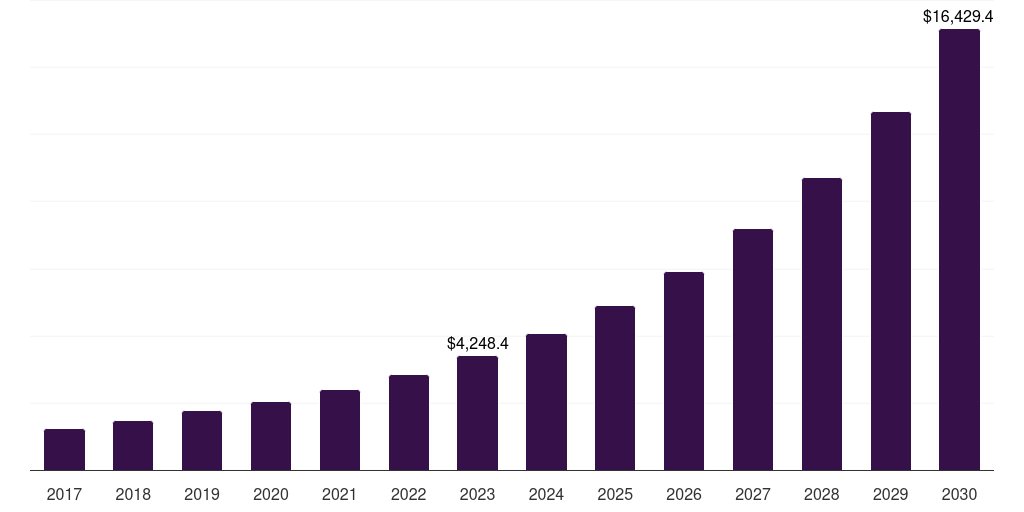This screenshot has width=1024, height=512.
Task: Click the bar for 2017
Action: (x=64, y=449)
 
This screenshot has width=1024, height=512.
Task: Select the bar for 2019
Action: (x=202, y=440)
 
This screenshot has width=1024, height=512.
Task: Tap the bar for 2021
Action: (x=340, y=430)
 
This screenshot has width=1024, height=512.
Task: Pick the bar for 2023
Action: (x=477, y=413)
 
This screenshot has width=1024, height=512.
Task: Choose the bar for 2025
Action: (x=615, y=388)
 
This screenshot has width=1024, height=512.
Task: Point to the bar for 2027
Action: (x=753, y=349)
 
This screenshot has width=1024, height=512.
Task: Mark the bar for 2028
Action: (x=822, y=324)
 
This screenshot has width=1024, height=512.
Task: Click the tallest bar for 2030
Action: (x=959, y=250)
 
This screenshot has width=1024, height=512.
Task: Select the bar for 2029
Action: (x=891, y=291)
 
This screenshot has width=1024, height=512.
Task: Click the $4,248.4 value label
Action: (x=478, y=343)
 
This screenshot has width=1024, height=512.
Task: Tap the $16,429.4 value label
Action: (x=957, y=16)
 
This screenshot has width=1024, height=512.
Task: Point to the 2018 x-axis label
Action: (x=133, y=494)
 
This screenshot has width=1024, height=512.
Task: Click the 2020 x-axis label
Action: (x=271, y=494)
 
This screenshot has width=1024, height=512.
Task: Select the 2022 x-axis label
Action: (x=409, y=494)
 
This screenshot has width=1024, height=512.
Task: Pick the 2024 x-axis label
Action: (x=546, y=494)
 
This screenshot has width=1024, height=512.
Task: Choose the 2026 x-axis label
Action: (x=684, y=494)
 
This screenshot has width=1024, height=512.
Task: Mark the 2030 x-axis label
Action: (x=959, y=494)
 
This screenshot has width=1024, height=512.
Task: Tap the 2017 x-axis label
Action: (x=64, y=494)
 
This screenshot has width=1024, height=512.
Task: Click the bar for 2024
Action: (x=546, y=402)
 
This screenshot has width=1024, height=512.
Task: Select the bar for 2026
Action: (x=684, y=371)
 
